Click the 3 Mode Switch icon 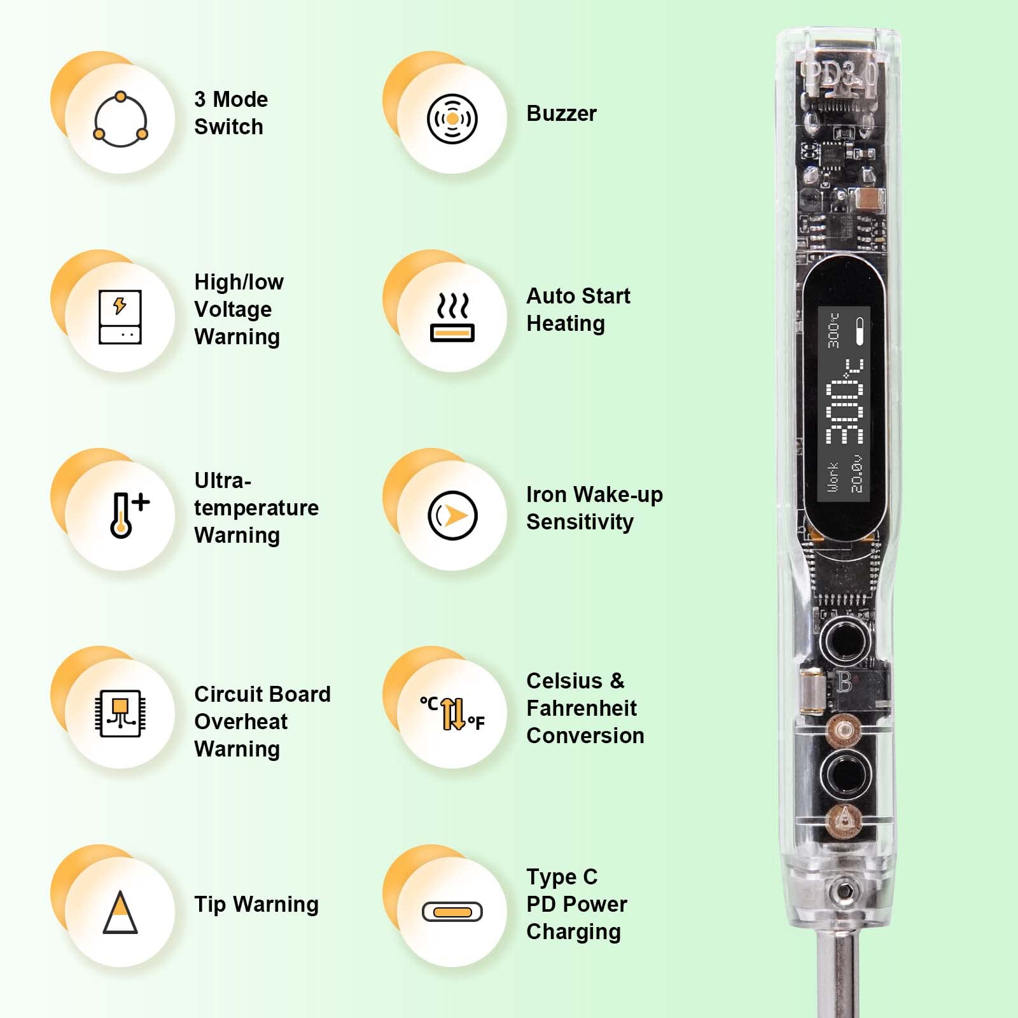(120, 119)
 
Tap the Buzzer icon (452, 119)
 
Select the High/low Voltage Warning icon (120, 317)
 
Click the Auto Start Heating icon (452, 317)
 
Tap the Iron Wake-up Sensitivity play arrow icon (452, 515)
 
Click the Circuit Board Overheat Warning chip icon (120, 713)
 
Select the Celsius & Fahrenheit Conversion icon (452, 713)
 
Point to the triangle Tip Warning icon (120, 912)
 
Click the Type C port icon (452, 912)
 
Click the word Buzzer (561, 113)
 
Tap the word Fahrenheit (582, 708)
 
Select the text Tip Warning (256, 904)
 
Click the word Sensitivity (580, 522)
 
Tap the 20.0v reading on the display (857, 474)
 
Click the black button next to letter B (844, 638)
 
